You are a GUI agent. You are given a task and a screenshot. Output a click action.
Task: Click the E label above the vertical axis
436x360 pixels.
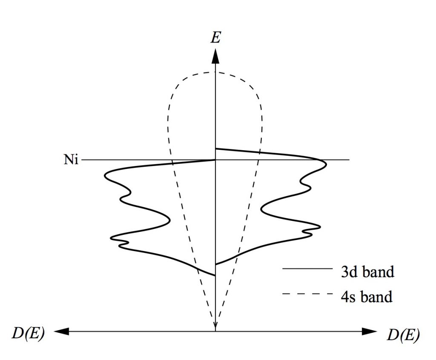click(216, 37)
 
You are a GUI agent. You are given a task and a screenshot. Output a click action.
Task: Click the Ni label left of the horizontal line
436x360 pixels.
click(71, 160)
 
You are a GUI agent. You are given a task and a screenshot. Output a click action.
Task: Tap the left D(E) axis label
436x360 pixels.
click(28, 334)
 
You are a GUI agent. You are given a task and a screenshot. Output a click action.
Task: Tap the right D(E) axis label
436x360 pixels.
click(403, 335)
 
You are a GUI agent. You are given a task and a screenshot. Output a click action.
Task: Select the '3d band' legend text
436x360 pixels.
click(367, 271)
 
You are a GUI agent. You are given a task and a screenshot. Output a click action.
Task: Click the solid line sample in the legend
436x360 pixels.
click(307, 269)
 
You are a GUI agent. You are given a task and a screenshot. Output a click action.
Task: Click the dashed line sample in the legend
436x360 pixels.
click(307, 294)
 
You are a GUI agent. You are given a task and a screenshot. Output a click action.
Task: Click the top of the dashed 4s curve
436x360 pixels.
click(214, 72)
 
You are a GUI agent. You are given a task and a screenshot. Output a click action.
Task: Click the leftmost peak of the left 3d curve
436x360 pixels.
click(105, 175)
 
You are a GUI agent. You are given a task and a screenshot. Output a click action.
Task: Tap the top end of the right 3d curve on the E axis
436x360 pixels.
click(216, 149)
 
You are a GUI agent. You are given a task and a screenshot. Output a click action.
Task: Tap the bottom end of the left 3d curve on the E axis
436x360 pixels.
click(215, 275)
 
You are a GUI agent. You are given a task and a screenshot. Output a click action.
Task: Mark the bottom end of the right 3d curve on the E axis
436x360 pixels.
click(216, 264)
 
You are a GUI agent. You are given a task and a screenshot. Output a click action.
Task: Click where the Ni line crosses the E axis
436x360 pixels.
click(215, 160)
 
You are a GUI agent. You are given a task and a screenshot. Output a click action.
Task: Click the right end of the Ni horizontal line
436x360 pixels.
click(349, 160)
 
